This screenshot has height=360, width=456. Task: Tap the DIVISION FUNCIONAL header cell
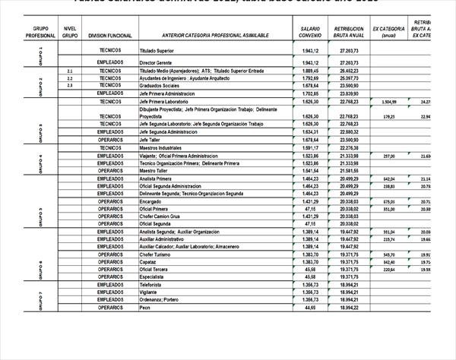tap(110, 35)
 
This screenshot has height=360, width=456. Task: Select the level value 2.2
tap(70, 78)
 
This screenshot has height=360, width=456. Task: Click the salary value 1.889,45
tap(309, 71)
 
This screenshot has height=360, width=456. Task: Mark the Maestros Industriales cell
tap(160, 147)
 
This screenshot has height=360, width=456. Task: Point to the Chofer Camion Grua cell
tap(160, 216)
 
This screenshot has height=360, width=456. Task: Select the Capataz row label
tap(149, 262)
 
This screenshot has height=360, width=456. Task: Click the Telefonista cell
tap(152, 285)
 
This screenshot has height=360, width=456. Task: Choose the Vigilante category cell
tap(150, 292)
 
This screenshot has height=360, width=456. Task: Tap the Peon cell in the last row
tap(146, 308)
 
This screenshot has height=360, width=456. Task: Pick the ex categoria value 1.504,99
tap(388, 101)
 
